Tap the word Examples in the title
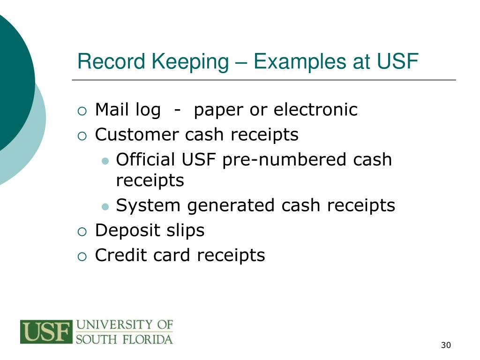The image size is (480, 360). (x=297, y=62)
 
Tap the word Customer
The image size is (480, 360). (x=136, y=135)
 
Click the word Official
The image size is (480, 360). (x=145, y=159)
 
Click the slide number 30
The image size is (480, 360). (x=445, y=345)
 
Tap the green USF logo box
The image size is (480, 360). (x=46, y=332)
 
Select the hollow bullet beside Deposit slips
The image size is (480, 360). (x=82, y=231)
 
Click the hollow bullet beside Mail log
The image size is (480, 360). (x=82, y=111)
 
